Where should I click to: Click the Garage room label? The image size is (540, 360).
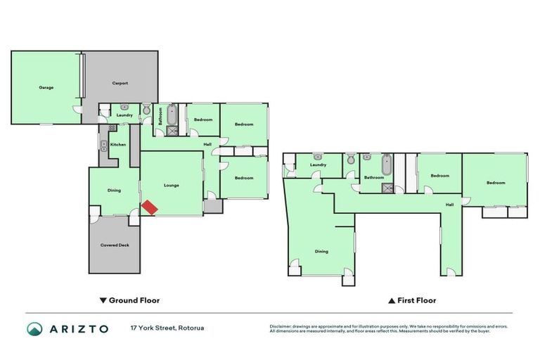coord(46,87)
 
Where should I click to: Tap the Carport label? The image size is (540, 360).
coord(120,83)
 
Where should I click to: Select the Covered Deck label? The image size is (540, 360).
coord(115,245)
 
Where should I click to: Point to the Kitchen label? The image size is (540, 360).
coord(117,144)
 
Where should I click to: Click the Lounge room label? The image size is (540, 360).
coord(172,185)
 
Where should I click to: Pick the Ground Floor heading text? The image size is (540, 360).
coord(134,300)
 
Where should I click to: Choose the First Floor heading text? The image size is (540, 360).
coord(417,300)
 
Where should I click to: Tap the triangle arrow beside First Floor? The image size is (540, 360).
coord(392,300)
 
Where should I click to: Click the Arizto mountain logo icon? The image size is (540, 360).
coord(34,328)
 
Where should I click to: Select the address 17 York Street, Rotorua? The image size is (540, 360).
coord(161,328)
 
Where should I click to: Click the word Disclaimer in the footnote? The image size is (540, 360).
coord(283,326)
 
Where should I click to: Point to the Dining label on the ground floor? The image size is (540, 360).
coord(114,190)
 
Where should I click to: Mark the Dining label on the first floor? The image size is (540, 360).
coord(321,251)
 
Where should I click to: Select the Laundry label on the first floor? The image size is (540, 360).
coord(318,165)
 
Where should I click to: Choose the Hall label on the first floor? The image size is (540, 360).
coord(449,205)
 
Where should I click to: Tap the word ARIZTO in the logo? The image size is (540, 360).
coord(78,328)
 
